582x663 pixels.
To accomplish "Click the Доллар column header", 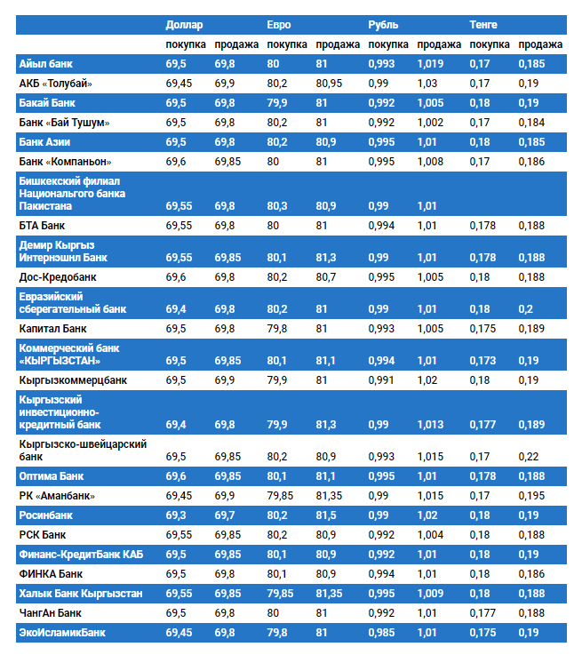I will click(x=184, y=24).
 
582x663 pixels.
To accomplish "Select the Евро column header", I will click(x=279, y=24).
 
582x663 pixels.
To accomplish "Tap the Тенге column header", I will click(x=483, y=24).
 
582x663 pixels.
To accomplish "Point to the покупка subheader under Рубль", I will click(x=388, y=44).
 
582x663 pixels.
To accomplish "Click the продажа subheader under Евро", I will click(x=337, y=44).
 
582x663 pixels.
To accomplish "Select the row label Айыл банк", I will click(x=46, y=64).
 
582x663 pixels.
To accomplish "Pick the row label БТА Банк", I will click(x=44, y=226).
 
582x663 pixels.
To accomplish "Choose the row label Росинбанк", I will click(x=46, y=515).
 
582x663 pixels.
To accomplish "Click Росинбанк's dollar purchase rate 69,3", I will click(x=176, y=515).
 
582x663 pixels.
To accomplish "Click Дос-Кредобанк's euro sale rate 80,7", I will click(x=326, y=276).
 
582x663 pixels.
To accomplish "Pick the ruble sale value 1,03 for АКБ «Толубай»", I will click(x=427, y=84).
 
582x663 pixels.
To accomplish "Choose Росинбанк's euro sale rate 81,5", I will click(x=326, y=515).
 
